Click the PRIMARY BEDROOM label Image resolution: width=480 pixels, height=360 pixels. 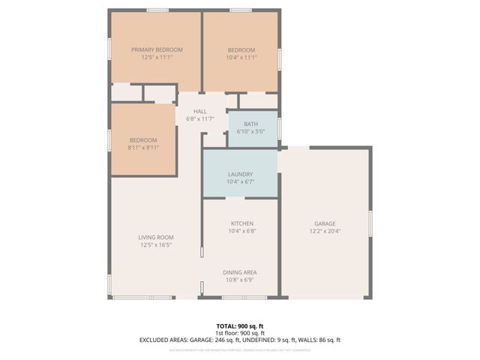(157, 49)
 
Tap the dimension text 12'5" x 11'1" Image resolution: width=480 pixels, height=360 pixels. (157, 57)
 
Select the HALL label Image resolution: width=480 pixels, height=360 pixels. (200, 111)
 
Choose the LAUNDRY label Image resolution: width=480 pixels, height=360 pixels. (240, 174)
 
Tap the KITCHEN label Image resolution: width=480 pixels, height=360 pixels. (241, 223)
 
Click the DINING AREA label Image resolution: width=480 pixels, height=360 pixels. (240, 272)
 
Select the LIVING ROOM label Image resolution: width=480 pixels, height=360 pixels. (156, 237)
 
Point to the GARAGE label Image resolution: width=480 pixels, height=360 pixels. (325, 223)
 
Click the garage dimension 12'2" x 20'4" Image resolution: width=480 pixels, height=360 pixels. (325, 231)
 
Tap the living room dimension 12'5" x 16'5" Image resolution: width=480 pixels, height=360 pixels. (156, 244)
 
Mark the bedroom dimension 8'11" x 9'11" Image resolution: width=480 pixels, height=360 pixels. (142, 148)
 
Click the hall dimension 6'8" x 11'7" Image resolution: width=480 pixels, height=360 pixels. (200, 118)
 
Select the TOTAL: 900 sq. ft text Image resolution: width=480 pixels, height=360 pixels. (240, 325)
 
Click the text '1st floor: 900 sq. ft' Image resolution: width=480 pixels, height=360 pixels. (240, 332)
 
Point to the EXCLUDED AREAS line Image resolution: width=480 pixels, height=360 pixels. (240, 340)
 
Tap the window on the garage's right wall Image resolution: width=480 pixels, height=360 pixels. (370, 224)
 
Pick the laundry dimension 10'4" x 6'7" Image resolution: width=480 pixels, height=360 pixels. (240, 181)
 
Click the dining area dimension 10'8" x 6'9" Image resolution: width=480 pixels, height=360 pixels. (240, 280)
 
